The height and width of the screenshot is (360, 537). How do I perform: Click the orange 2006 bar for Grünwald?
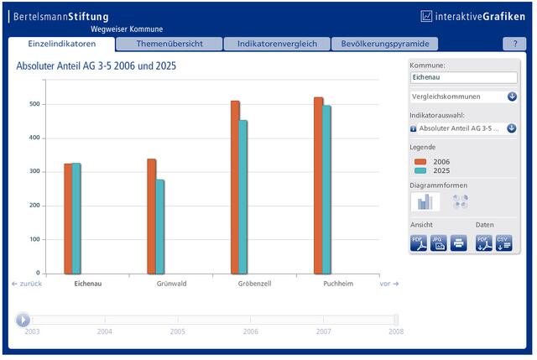tap(151, 217)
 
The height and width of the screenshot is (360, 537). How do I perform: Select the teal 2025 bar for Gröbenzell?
tap(243, 197)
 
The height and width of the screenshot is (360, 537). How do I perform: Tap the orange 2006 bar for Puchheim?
tap(318, 185)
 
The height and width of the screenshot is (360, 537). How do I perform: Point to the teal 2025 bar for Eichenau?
tap(76, 218)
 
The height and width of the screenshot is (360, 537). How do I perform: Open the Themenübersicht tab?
tap(169, 44)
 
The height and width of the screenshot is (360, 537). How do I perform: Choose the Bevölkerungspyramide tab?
tap(385, 44)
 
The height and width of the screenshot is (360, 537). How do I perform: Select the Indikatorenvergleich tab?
tap(277, 44)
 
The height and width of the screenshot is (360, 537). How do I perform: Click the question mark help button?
tap(514, 44)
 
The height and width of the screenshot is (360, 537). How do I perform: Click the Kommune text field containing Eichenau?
tap(464, 77)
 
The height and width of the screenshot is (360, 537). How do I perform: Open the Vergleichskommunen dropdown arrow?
tap(512, 97)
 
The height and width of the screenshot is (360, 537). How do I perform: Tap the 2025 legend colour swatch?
tap(420, 170)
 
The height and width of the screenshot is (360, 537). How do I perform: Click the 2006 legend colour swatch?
tap(420, 162)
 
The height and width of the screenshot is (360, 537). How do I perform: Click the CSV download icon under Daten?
tap(503, 243)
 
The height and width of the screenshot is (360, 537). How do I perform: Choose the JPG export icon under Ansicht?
tap(438, 243)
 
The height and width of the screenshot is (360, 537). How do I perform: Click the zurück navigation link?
tap(27, 284)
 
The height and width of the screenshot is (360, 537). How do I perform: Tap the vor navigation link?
tap(389, 284)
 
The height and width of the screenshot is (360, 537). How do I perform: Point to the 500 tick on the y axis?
tap(34, 104)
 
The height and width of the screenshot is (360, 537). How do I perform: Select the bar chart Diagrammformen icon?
tap(425, 201)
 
